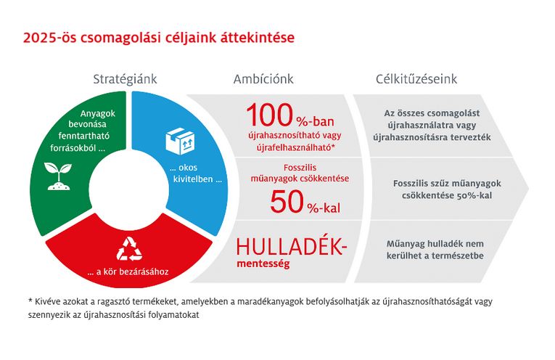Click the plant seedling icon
(x=58, y=176)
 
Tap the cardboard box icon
(x=180, y=141)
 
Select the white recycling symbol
(x=129, y=249)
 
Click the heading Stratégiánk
(x=125, y=79)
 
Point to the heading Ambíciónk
(x=263, y=79)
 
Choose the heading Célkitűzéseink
(x=416, y=79)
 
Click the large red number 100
(x=270, y=115)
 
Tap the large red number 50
(x=287, y=202)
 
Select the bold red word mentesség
(x=263, y=263)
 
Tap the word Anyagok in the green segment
(x=98, y=114)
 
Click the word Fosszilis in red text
(x=300, y=168)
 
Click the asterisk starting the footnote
(x=30, y=300)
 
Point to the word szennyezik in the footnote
(x=45, y=315)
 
